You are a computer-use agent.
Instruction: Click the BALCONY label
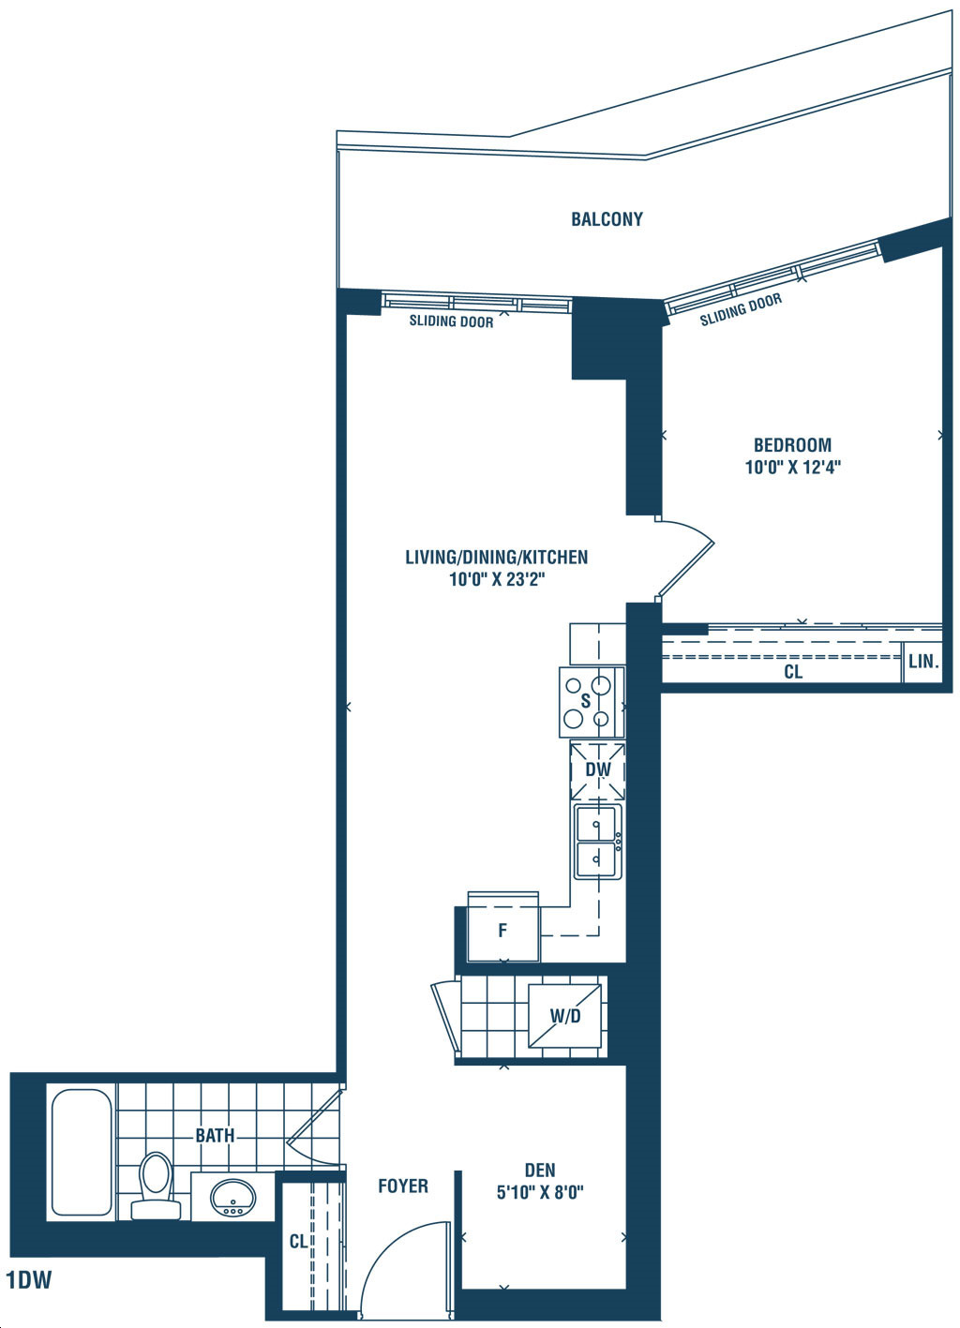tap(607, 219)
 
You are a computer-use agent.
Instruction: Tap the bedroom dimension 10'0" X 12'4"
tap(793, 467)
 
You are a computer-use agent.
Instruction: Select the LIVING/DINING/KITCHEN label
tap(496, 558)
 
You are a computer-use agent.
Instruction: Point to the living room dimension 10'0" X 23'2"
tap(497, 579)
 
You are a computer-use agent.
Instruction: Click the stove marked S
tap(592, 703)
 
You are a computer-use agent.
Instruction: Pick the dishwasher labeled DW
tap(598, 770)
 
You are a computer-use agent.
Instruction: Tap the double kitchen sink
tap(598, 842)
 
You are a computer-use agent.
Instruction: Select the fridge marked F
tap(503, 927)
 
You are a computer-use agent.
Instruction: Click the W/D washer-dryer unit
tap(564, 1016)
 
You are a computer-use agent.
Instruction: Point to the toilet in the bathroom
tap(156, 1186)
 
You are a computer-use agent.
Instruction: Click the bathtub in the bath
tap(82, 1153)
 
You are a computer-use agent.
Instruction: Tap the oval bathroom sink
tap(233, 1197)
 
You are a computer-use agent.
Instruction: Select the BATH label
tap(215, 1136)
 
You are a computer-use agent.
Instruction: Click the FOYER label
tap(403, 1186)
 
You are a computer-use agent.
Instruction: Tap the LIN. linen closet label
tap(923, 662)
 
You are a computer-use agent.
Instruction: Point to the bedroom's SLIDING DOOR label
tap(742, 309)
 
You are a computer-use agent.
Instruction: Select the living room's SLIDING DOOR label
tap(451, 321)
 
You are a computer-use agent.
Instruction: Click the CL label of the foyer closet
tap(298, 1241)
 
